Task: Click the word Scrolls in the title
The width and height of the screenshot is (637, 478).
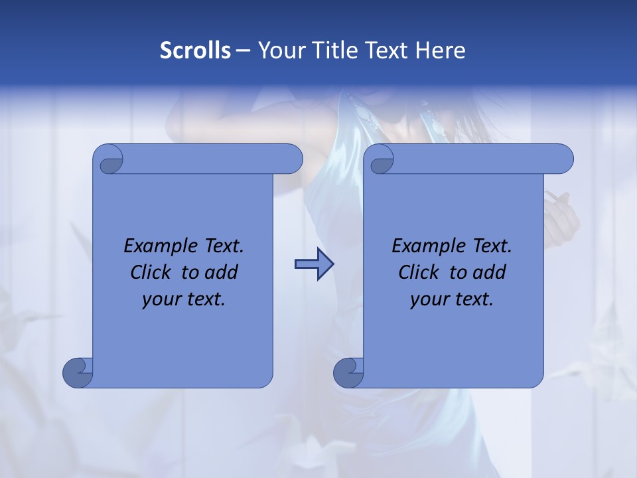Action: pyautogui.click(x=195, y=50)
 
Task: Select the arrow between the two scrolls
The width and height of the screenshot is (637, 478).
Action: pyautogui.click(x=314, y=264)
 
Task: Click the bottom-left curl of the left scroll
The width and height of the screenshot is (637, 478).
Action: pyautogui.click(x=78, y=372)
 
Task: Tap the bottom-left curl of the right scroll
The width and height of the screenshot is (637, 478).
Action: pyautogui.click(x=348, y=372)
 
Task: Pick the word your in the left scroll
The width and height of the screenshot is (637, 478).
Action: pyautogui.click(x=160, y=299)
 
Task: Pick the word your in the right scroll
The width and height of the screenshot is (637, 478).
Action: pyautogui.click(x=428, y=299)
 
